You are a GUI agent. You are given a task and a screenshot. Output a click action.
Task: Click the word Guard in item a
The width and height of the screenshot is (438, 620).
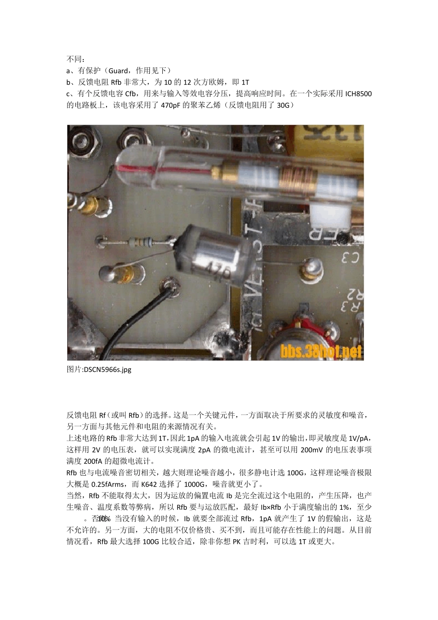[x=118, y=71]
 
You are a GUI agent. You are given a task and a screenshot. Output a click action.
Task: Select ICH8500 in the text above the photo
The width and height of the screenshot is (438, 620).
[x=358, y=94]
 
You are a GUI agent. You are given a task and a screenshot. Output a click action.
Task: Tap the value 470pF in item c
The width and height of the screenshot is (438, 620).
[x=172, y=105]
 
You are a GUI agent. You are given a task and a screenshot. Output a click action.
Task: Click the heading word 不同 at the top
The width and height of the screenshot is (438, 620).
[x=74, y=59]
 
